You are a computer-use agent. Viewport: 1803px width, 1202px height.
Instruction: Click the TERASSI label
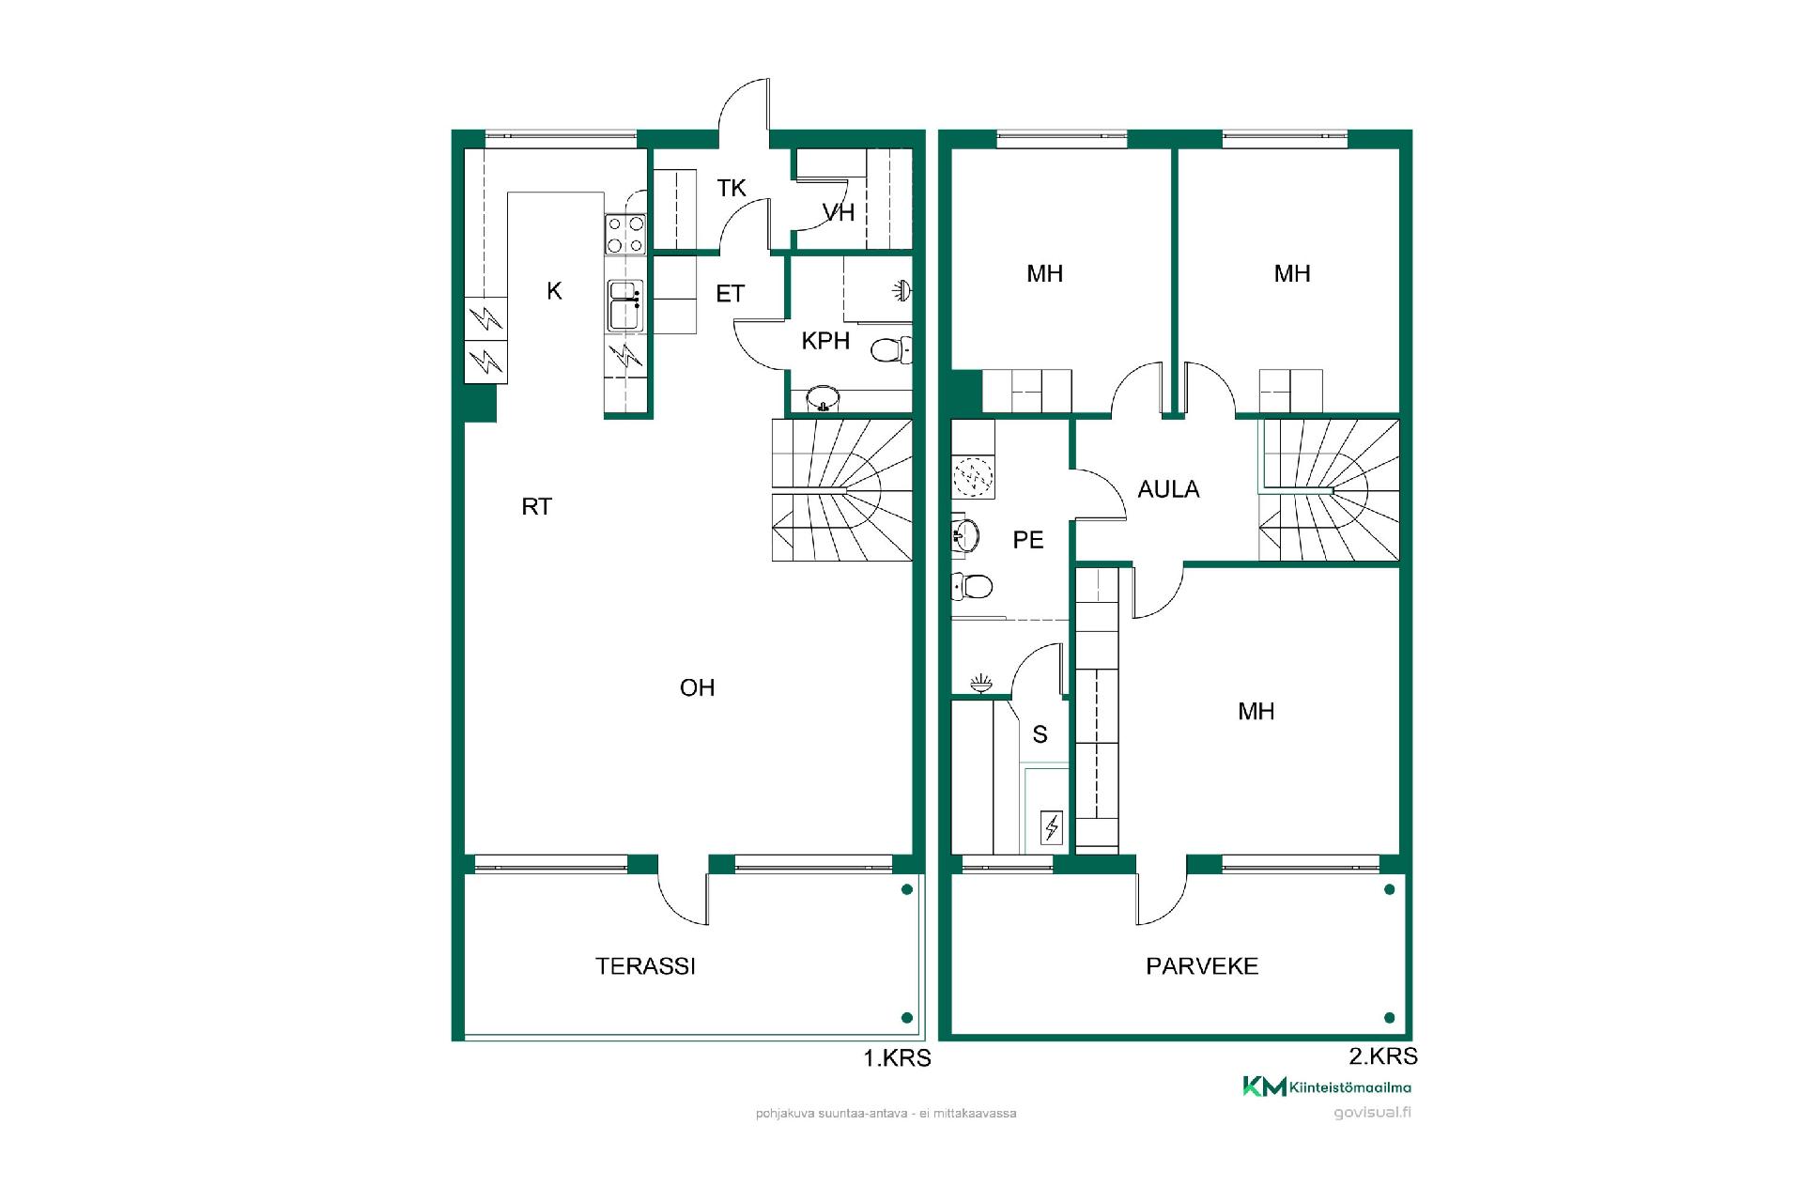click(645, 966)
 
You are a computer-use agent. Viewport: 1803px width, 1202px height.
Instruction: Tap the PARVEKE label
click(1202, 966)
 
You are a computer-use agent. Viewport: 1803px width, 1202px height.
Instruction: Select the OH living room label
click(697, 688)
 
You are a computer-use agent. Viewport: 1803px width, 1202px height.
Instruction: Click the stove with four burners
click(625, 235)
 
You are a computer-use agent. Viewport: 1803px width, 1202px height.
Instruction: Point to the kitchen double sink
click(625, 305)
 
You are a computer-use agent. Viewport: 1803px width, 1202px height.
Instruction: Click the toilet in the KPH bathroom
click(891, 351)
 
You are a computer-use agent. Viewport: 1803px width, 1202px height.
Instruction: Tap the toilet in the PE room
click(972, 587)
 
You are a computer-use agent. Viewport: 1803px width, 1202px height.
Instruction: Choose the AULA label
click(1168, 489)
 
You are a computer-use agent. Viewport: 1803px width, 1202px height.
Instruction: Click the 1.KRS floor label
click(897, 1058)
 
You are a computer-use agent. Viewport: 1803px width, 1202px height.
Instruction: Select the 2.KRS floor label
click(1383, 1056)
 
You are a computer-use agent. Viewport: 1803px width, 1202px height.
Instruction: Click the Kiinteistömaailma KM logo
click(1327, 1087)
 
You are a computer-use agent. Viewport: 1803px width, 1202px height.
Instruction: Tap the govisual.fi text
click(1373, 1113)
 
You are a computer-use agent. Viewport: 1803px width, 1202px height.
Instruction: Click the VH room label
click(839, 213)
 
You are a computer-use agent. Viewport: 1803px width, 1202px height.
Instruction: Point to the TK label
click(732, 189)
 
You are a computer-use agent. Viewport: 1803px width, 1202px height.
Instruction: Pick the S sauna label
click(1040, 734)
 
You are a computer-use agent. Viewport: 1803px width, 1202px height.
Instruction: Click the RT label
click(536, 507)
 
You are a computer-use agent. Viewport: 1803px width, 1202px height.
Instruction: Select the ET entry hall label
click(730, 294)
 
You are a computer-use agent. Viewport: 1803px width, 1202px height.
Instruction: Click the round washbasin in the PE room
click(965, 535)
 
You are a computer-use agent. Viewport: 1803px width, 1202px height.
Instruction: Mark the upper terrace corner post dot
click(906, 889)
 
